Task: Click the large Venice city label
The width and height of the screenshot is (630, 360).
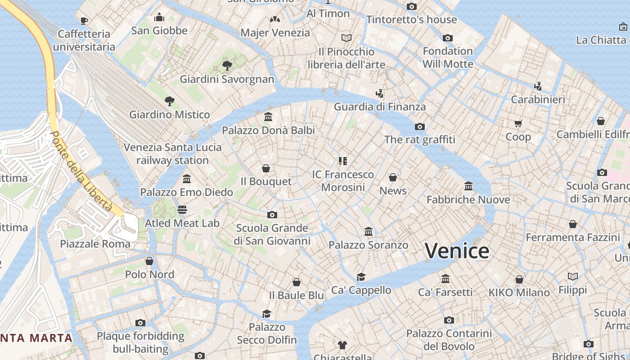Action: pyautogui.click(x=457, y=251)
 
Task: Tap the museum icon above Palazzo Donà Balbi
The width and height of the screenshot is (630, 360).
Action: pyautogui.click(x=268, y=117)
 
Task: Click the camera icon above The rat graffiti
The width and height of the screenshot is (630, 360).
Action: pyautogui.click(x=419, y=126)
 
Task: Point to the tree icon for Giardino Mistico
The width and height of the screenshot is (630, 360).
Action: pyautogui.click(x=169, y=101)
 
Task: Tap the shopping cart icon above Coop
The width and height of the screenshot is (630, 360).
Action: pyautogui.click(x=518, y=123)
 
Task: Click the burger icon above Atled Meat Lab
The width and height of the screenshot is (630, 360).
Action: pyautogui.click(x=182, y=210)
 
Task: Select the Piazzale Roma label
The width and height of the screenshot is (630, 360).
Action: pyautogui.click(x=95, y=244)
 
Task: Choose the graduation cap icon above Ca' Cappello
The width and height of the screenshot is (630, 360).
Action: pyautogui.click(x=361, y=277)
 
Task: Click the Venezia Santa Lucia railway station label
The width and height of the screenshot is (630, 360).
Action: pyautogui.click(x=172, y=153)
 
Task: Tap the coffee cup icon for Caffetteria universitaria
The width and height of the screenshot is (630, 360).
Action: pyautogui.click(x=84, y=20)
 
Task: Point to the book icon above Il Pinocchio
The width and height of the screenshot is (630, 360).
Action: pyautogui.click(x=346, y=38)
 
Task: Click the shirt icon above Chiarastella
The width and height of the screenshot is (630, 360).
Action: pyautogui.click(x=342, y=345)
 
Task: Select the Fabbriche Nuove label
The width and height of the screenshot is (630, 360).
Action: pyautogui.click(x=468, y=199)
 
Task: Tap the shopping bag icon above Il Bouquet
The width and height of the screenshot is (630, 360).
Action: pyautogui.click(x=266, y=168)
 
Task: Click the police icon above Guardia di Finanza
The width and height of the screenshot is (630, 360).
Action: pyautogui.click(x=379, y=94)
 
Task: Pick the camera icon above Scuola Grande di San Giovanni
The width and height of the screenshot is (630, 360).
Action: pyautogui.click(x=272, y=215)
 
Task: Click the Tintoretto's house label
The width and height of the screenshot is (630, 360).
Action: pyautogui.click(x=411, y=20)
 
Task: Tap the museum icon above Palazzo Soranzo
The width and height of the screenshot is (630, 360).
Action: pyautogui.click(x=369, y=232)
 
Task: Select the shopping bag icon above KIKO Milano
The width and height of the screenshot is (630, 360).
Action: pyautogui.click(x=519, y=279)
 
